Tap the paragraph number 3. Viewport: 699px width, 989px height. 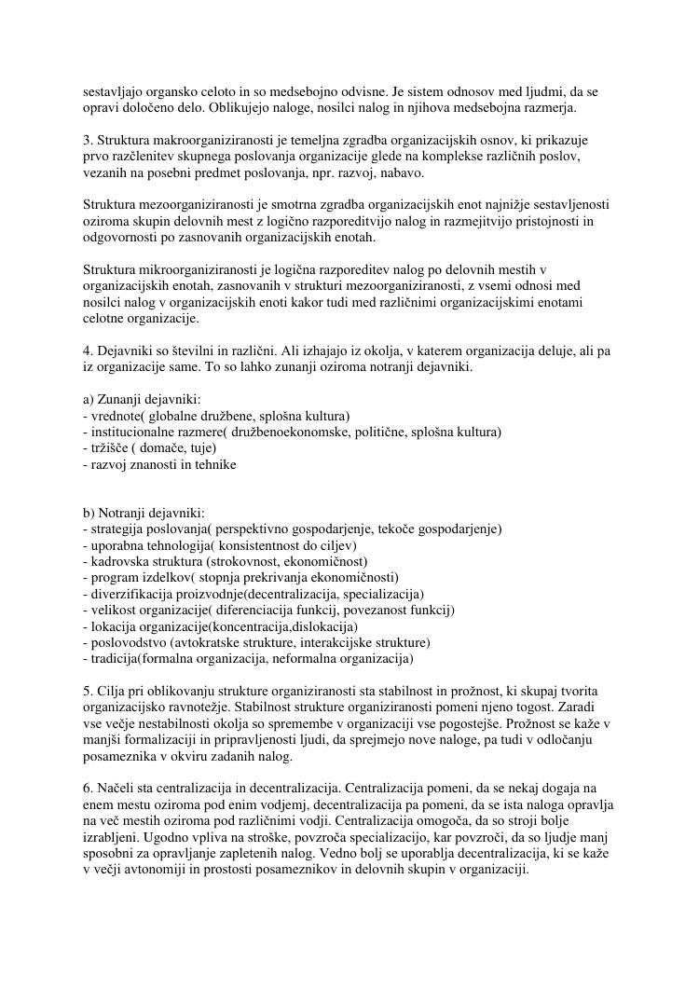87,141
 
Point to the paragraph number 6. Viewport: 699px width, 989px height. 87,790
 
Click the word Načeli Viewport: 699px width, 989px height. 118,790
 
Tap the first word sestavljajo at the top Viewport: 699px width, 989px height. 116,92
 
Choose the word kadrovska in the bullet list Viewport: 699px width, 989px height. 116,562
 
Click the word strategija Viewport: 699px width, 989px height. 116,529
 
